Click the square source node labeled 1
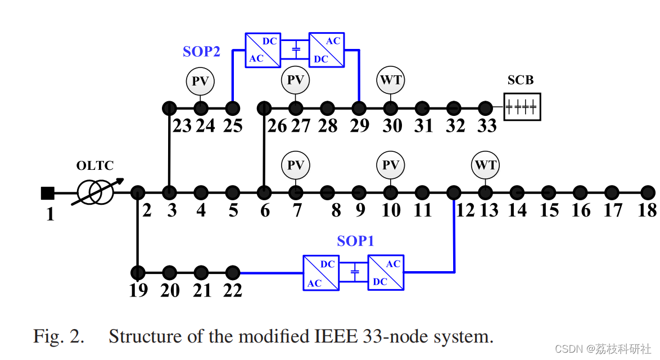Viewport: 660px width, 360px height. click(48, 193)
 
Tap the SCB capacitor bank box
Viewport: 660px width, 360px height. click(522, 107)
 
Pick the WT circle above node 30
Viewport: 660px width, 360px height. click(390, 80)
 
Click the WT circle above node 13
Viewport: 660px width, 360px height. click(485, 165)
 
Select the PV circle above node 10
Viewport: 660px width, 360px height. click(390, 165)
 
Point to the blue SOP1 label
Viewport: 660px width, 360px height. click(355, 241)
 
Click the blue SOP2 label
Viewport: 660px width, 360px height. click(201, 52)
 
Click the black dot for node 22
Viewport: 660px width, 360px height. click(233, 273)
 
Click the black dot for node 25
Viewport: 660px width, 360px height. click(233, 107)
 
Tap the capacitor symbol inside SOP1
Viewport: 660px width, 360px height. click(354, 273)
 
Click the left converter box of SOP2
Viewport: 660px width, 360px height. click(263, 50)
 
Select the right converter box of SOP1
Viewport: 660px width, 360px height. click(386, 273)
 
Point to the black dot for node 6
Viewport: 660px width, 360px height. click(264, 192)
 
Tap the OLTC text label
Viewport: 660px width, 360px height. click(94, 166)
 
